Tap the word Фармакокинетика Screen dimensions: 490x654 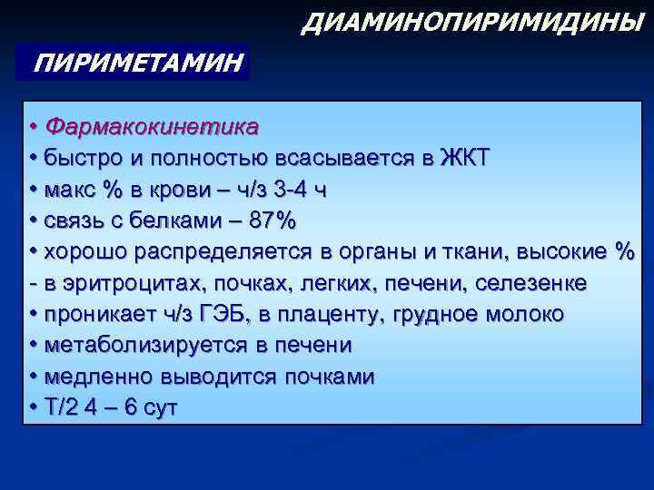152,124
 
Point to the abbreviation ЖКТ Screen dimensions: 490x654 463,156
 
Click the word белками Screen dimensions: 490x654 180,220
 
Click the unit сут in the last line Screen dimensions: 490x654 159,408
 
